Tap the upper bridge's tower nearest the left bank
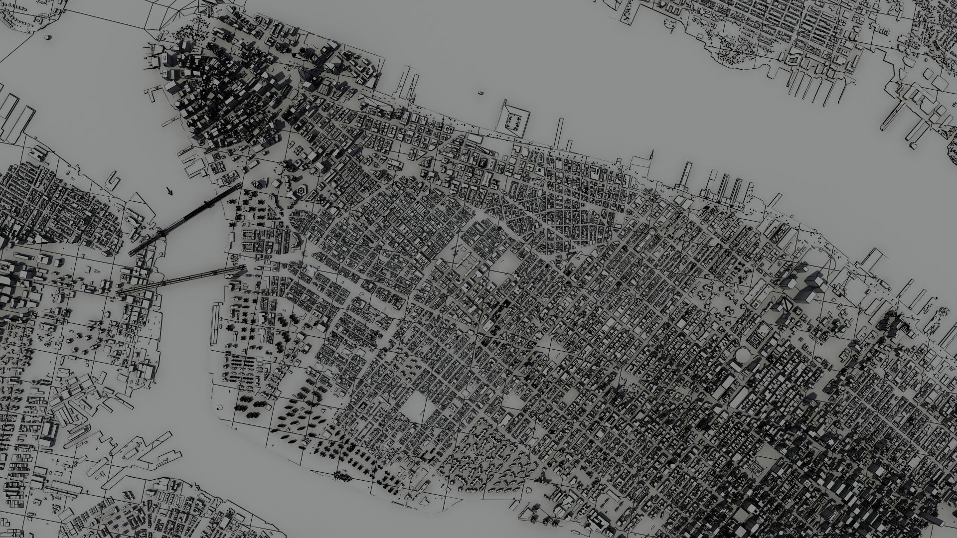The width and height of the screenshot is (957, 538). coord(161,233)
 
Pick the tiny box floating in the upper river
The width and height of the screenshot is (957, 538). coord(480,93)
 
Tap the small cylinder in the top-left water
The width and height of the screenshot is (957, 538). coord(48,37)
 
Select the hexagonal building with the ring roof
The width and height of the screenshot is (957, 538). coord(302,191)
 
